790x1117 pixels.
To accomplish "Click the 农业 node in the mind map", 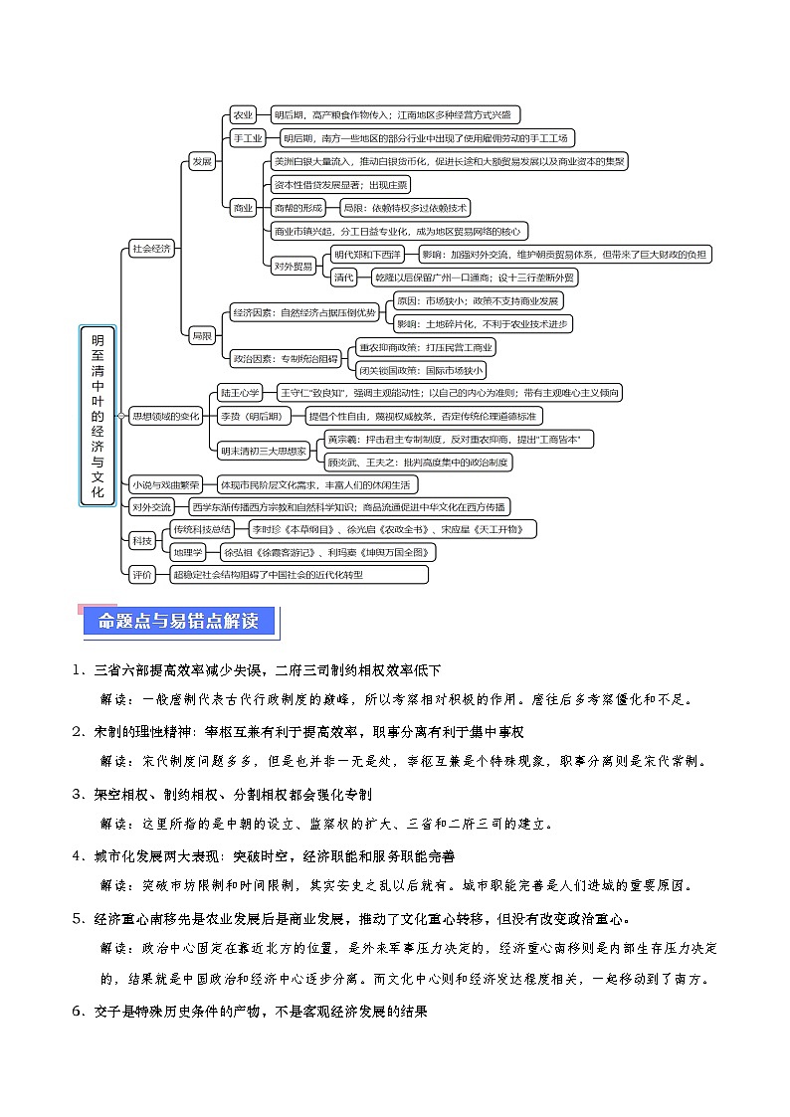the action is [x=243, y=115].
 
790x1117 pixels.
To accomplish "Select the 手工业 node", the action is [x=248, y=138].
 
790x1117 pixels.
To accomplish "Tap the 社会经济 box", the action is [x=152, y=249].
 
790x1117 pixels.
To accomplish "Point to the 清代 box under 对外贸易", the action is [x=344, y=277].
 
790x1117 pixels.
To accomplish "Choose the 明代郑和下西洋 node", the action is [x=368, y=255].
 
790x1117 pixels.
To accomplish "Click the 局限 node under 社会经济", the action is [x=202, y=335].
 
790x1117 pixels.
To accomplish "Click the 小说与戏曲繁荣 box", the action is [x=165, y=484].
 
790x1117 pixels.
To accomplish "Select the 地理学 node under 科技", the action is [x=188, y=551].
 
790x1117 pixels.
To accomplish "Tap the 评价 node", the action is [x=141, y=574].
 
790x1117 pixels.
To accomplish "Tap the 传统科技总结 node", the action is [x=203, y=528].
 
